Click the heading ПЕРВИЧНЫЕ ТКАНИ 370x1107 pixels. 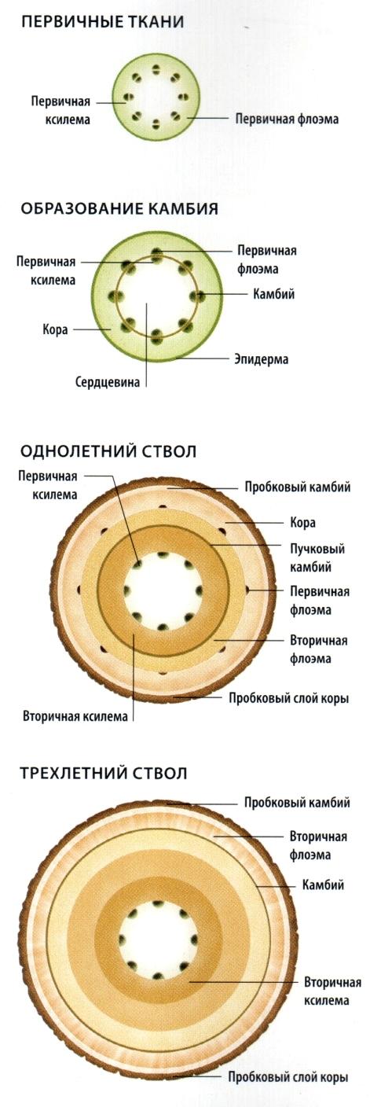coord(103,22)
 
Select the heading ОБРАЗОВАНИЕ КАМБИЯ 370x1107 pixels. coord(119,208)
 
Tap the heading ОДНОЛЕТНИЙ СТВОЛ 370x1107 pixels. coord(108,451)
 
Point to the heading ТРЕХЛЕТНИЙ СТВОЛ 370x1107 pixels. coord(104,773)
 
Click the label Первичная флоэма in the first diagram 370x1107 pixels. coord(287,119)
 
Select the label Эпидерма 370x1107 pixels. coord(261,359)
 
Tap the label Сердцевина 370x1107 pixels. coord(108,382)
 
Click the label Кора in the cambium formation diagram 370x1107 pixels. coord(55,329)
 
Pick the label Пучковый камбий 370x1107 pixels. coord(317,557)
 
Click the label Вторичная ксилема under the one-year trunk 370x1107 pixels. coord(75,716)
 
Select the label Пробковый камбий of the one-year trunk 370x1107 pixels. coord(298,487)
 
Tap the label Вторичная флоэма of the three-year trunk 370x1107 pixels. coord(318,845)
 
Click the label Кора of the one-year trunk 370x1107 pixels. coord(302,522)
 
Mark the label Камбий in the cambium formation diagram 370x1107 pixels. coord(273,294)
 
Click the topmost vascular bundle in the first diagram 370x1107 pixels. coord(156,68)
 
